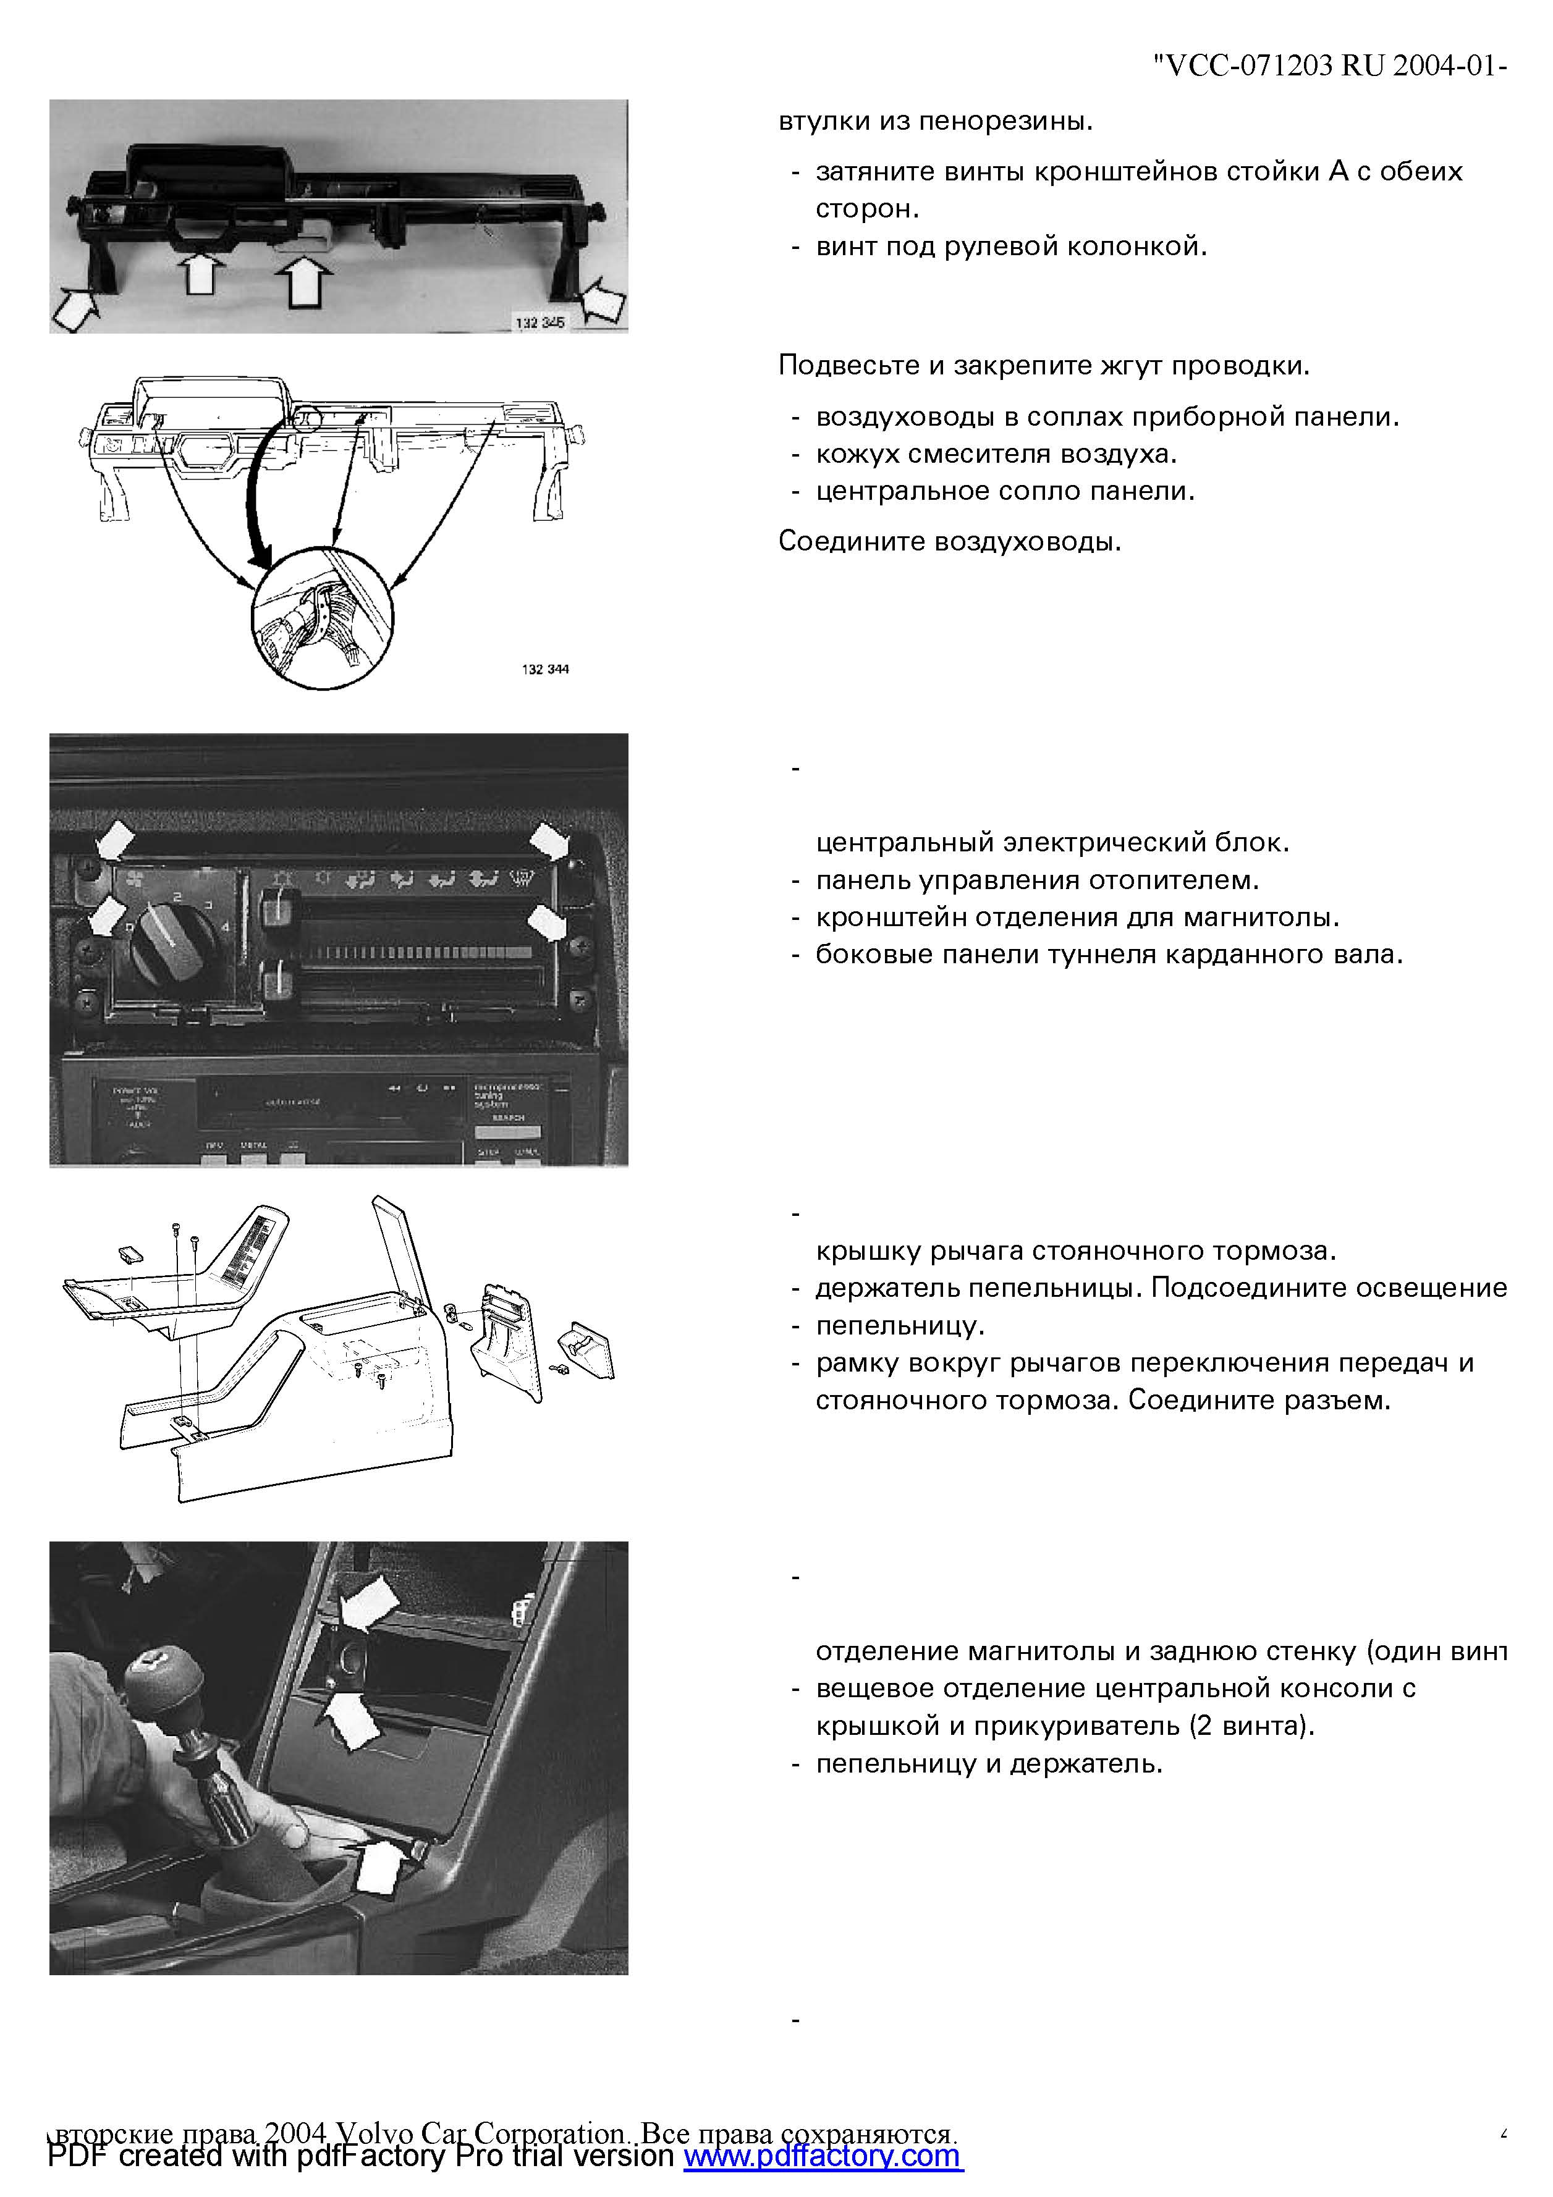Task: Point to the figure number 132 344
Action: [x=546, y=669]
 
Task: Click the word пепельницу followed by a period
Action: [x=899, y=1326]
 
